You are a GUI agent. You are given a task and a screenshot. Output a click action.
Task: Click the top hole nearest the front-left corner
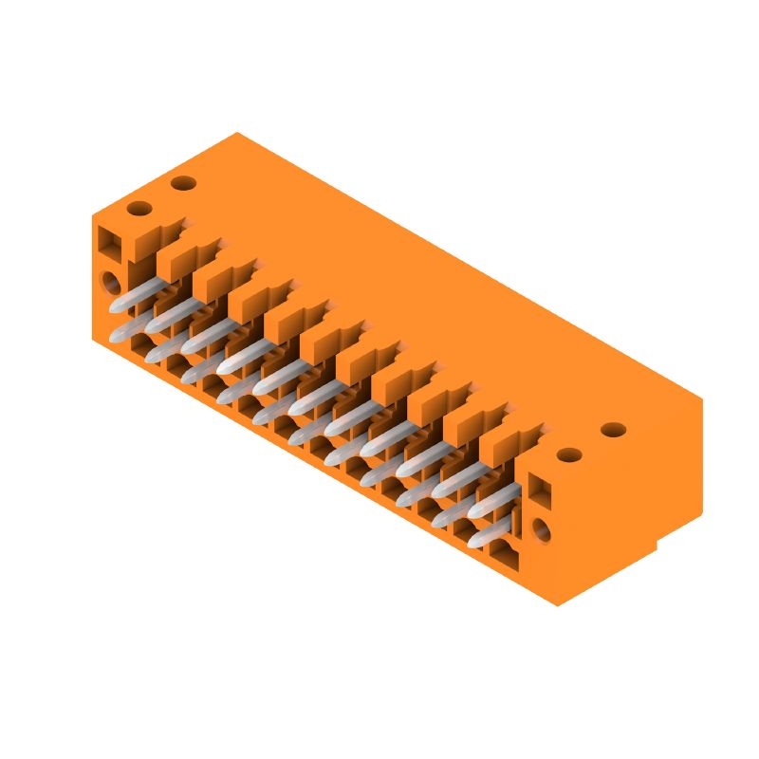(x=139, y=208)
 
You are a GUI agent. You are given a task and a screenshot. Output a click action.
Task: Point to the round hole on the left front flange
(x=112, y=282)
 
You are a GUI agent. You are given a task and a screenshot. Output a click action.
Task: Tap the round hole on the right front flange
(x=541, y=529)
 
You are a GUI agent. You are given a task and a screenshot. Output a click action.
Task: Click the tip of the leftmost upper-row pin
(x=117, y=306)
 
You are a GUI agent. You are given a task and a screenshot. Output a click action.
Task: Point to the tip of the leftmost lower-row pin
(x=118, y=335)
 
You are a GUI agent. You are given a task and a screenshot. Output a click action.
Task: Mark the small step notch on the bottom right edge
(x=657, y=546)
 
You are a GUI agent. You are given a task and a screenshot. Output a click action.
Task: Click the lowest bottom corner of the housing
(x=557, y=605)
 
